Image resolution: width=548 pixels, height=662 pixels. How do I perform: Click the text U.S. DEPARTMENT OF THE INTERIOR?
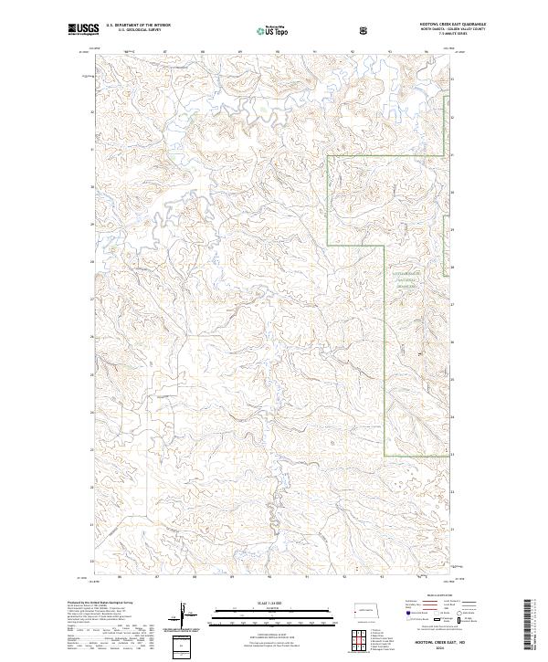138,25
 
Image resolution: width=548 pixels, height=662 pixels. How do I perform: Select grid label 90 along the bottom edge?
269,577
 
